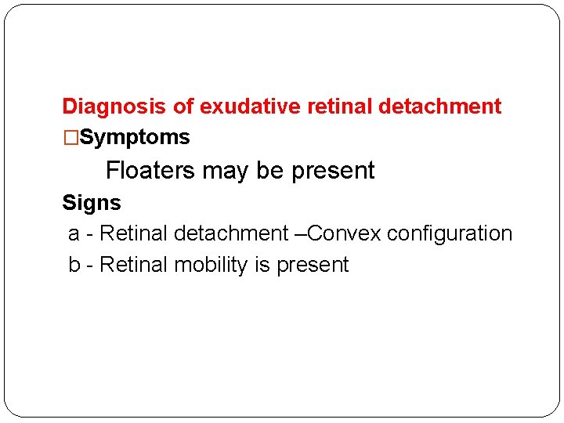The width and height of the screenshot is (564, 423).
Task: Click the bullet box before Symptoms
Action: (x=70, y=138)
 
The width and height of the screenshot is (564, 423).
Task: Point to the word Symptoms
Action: (x=135, y=138)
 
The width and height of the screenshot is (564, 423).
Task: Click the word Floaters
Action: (x=150, y=171)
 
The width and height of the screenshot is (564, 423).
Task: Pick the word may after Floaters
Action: (x=221, y=171)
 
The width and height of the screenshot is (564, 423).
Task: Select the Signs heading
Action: (x=92, y=203)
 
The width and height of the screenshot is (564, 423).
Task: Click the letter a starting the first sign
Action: (x=74, y=234)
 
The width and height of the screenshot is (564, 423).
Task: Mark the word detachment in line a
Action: (x=231, y=233)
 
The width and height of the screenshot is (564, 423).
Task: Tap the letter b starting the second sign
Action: (x=74, y=265)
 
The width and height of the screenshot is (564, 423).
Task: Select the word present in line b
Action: (x=312, y=266)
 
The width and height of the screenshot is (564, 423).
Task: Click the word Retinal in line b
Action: (x=134, y=265)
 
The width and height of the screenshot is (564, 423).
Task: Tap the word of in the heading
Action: (x=184, y=107)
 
